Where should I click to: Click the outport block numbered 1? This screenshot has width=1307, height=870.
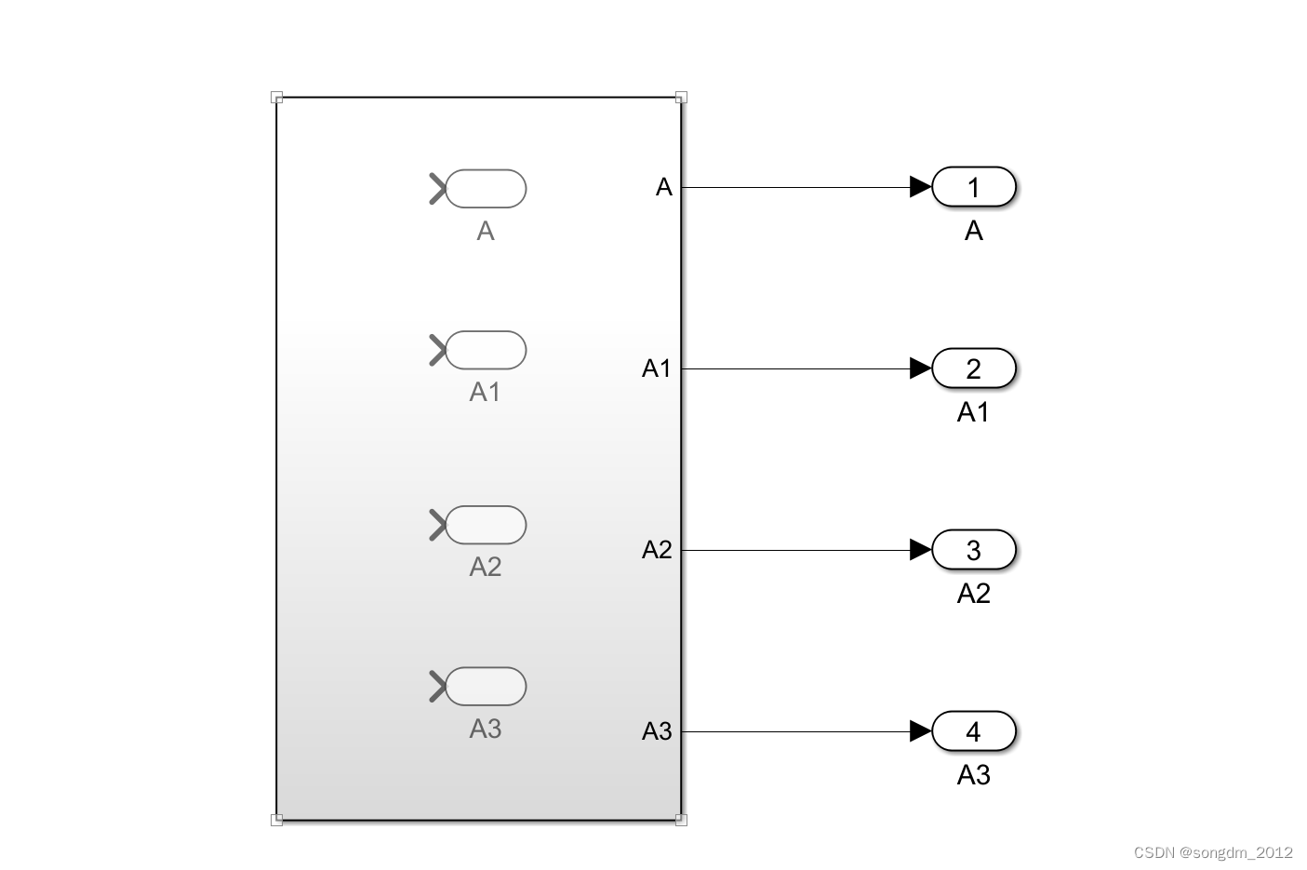point(973,187)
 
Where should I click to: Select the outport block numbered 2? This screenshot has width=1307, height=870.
point(973,368)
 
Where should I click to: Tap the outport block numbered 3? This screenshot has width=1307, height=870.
point(973,550)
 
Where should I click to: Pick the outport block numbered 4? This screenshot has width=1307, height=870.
point(973,731)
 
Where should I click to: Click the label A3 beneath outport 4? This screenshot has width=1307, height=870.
point(973,774)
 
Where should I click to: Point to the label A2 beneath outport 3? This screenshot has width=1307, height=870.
point(973,593)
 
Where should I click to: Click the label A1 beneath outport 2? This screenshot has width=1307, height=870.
point(973,411)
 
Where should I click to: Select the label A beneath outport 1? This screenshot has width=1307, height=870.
point(973,230)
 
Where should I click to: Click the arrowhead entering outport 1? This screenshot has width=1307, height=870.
point(920,187)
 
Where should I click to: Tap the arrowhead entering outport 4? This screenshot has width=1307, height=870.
point(920,731)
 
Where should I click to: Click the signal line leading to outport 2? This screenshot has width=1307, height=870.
point(795,368)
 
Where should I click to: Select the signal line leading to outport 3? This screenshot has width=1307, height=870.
point(795,550)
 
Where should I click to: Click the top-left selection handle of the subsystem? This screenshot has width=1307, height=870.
point(276,97)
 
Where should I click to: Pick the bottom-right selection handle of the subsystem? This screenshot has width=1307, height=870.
point(681,820)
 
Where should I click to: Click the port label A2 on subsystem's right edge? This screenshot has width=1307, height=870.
point(657,550)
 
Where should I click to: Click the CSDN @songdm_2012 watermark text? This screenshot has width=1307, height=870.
point(1213,852)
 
